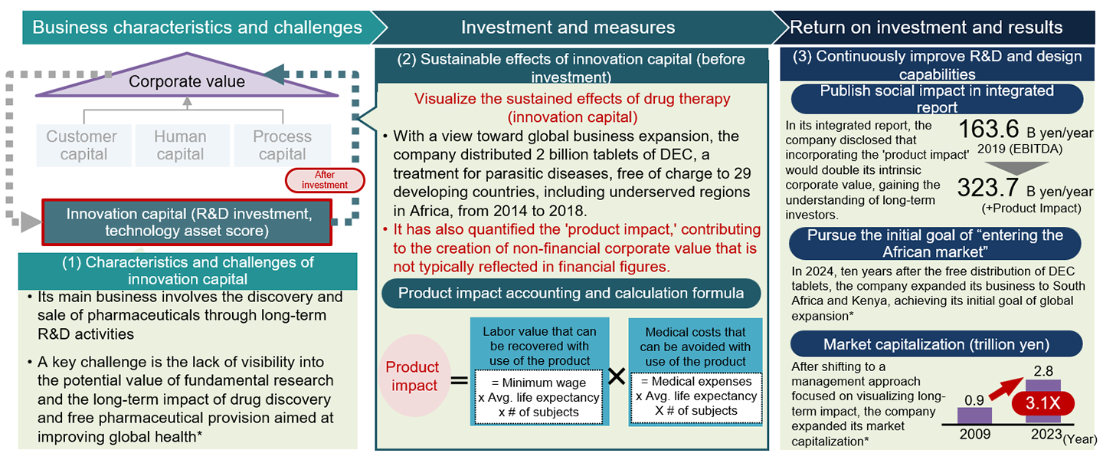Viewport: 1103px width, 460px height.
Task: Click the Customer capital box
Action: coord(81,146)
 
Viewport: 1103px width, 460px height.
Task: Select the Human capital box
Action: coord(180,146)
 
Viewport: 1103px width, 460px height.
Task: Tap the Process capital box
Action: coord(282,146)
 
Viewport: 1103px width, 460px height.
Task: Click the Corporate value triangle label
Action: coord(187,82)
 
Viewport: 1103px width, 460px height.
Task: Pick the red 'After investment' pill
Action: coord(324,179)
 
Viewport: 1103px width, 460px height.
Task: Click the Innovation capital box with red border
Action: coord(186,222)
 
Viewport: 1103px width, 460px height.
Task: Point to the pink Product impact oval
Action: coord(411,376)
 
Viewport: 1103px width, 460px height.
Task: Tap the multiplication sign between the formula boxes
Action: coord(617,376)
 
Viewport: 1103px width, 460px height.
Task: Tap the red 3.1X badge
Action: coord(1043,403)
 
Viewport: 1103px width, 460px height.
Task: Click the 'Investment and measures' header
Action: coord(568,28)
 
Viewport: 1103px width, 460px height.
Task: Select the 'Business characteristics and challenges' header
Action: coord(197,28)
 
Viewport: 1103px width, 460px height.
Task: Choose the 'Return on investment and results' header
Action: coord(926,28)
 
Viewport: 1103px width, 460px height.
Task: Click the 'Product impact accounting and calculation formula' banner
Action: coord(570,294)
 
